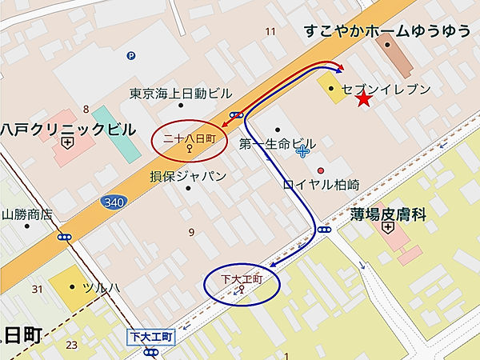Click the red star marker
(x=364, y=99)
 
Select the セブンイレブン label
(x=386, y=89)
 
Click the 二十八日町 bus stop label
(x=190, y=138)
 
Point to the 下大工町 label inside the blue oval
(x=241, y=279)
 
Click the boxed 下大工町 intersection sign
(x=150, y=338)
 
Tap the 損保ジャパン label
(x=188, y=176)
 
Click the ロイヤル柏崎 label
(x=322, y=185)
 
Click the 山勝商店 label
(x=26, y=214)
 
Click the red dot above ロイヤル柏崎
(x=321, y=170)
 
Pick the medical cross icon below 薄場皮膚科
(x=388, y=228)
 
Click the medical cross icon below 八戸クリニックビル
(x=67, y=144)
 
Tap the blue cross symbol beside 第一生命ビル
(x=302, y=150)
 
